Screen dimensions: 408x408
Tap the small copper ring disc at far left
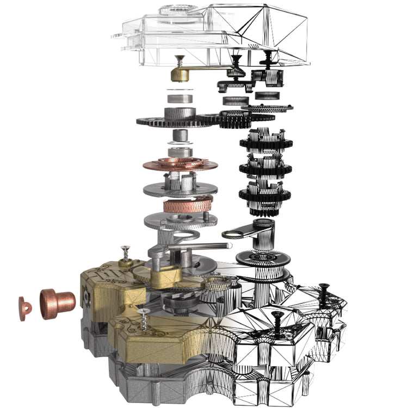25,308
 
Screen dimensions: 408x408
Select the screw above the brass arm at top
180,60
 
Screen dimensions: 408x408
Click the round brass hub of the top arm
181,74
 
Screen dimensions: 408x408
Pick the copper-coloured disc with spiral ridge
180,164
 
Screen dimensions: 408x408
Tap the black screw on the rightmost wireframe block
322,294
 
